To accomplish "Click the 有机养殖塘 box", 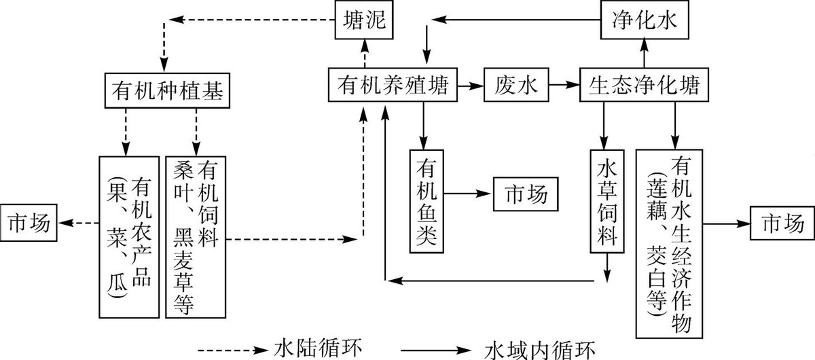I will pos(392,85).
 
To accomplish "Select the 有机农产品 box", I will pos(129,236).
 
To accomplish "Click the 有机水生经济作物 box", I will pos(671,243).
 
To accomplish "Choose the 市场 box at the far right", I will pos(781,222).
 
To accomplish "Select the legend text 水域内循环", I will pos(541,349).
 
